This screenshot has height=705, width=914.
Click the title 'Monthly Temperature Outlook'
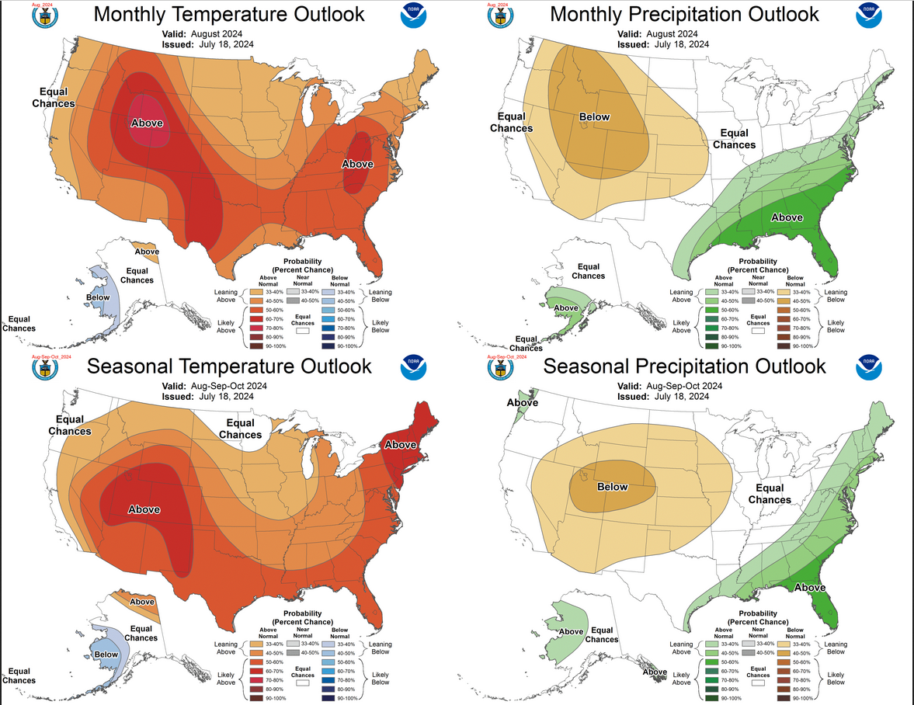point(229,14)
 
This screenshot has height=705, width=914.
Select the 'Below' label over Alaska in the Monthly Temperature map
point(98,297)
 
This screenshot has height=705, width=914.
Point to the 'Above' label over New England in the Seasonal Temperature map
point(401,444)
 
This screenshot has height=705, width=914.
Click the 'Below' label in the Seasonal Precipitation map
point(612,487)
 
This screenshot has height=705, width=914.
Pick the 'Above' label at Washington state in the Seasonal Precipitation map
point(523,402)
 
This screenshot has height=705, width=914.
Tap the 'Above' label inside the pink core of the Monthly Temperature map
point(147,123)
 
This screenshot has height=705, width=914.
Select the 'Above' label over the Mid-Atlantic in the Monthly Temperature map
point(358,164)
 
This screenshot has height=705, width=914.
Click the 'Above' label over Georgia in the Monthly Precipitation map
point(787,217)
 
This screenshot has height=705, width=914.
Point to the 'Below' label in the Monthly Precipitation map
point(594,117)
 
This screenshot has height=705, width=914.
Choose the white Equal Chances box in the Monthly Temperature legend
point(303,330)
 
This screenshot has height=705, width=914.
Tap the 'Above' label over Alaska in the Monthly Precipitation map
point(565,307)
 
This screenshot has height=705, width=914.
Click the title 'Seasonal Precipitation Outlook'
point(684,366)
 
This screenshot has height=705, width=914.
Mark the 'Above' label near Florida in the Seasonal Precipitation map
point(810,587)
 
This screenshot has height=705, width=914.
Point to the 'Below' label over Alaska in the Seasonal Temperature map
point(106,654)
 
